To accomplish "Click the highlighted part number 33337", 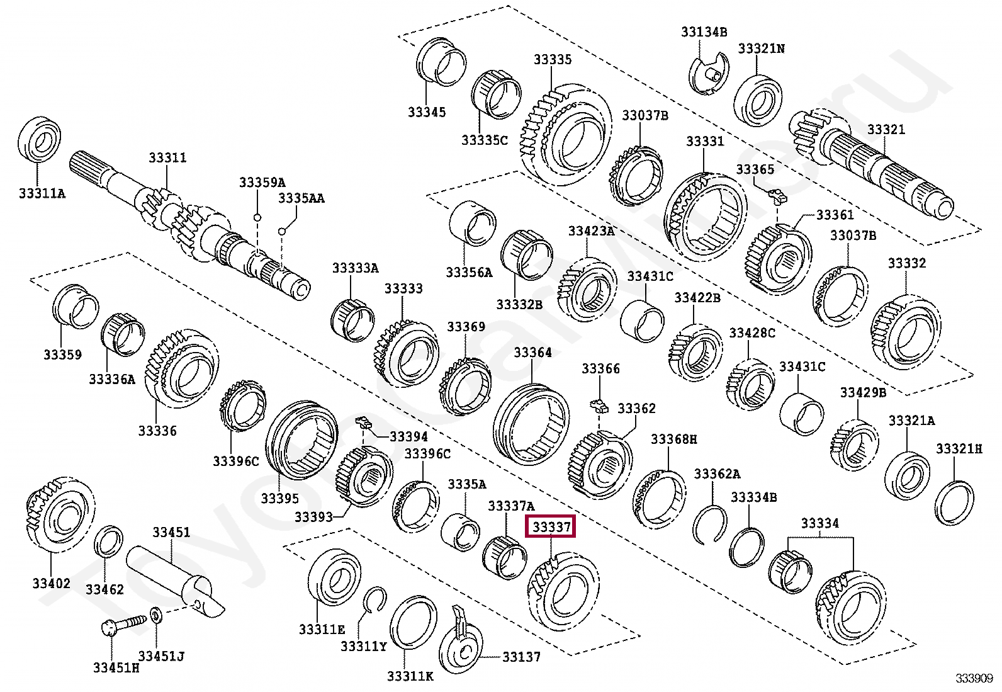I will click(x=551, y=526).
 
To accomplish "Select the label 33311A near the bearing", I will click(x=42, y=193).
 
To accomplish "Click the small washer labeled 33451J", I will click(x=156, y=614).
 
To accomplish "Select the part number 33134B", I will click(x=704, y=31).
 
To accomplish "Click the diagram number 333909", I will click(x=974, y=678).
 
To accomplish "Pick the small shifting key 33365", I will click(x=778, y=195).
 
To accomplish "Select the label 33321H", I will click(x=959, y=449).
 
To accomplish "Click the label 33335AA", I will click(x=301, y=198).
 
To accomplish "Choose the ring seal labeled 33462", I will click(x=109, y=541).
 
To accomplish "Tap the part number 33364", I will click(x=532, y=353).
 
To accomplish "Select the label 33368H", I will click(x=673, y=439).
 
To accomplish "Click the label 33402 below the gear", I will click(x=52, y=583).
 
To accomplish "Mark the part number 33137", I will click(x=521, y=657).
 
